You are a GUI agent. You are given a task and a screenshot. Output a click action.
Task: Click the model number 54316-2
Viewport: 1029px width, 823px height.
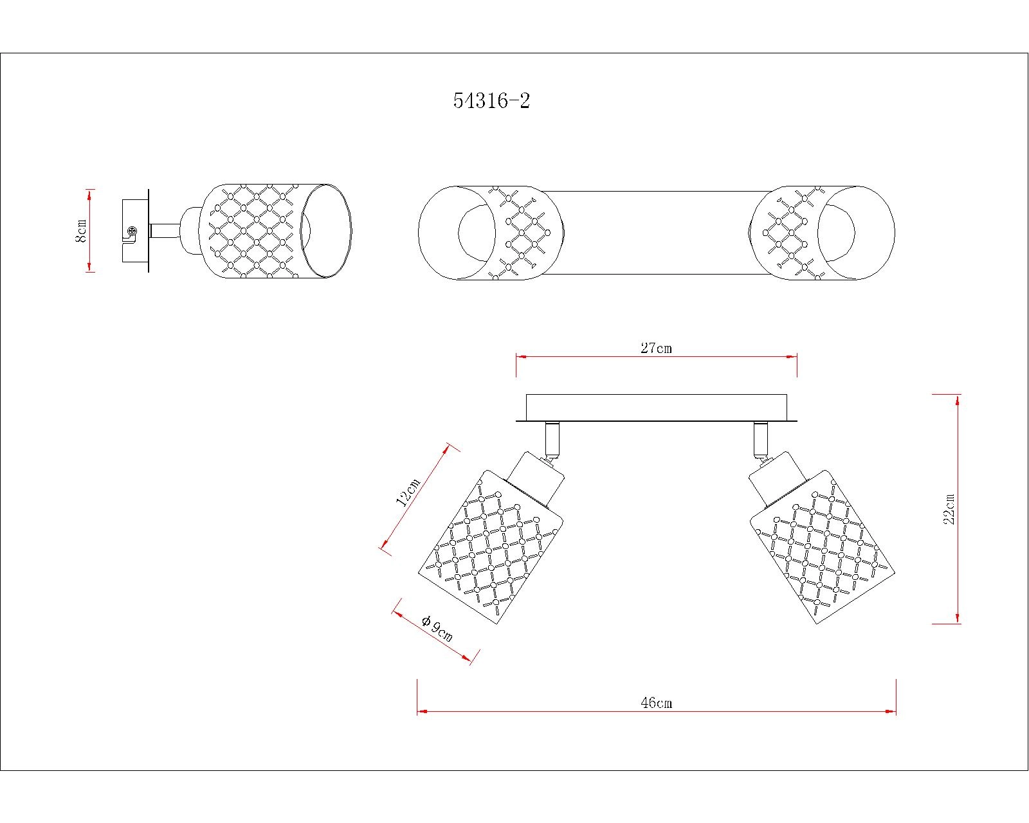491,101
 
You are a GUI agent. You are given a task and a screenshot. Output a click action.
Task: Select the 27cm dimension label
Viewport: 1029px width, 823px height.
656,348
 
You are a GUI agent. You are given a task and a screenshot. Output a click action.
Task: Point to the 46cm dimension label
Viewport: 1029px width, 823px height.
656,703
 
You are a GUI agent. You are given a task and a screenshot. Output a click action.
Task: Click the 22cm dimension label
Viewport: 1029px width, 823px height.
949,509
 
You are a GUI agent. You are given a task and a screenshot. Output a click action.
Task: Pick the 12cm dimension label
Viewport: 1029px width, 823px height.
407,492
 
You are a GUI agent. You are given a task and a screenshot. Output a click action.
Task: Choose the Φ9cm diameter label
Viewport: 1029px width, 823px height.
437,628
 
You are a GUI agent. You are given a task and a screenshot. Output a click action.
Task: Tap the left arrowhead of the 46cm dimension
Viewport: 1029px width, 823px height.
421,712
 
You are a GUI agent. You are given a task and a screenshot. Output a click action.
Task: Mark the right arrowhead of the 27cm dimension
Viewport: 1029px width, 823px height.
792,357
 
